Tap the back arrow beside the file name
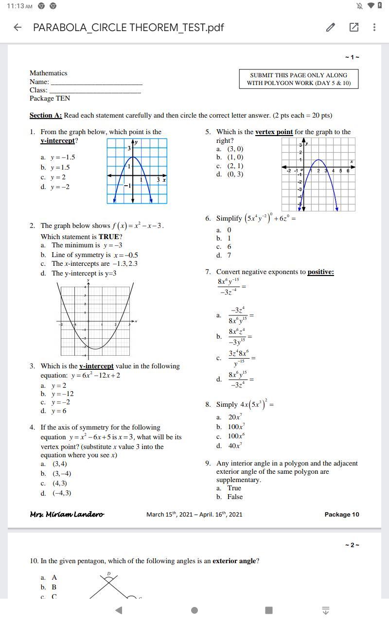point(18,27)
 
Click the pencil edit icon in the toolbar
point(331,27)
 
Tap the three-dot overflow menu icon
point(374,27)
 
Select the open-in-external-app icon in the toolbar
point(354,27)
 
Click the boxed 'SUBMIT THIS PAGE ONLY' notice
point(299,79)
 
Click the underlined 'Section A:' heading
point(46,116)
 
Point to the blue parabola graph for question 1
point(137,171)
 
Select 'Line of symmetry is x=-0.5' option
point(95,255)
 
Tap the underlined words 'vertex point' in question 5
point(274,132)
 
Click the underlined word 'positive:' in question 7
point(320,272)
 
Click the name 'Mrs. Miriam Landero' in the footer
point(67,514)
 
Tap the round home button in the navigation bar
point(194,610)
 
